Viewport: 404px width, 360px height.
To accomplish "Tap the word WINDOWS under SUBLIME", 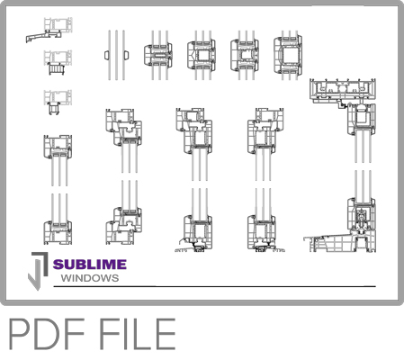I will (x=89, y=278).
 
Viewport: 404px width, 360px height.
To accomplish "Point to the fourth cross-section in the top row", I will (x=246, y=54).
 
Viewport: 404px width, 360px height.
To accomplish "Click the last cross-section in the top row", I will (x=290, y=54).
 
